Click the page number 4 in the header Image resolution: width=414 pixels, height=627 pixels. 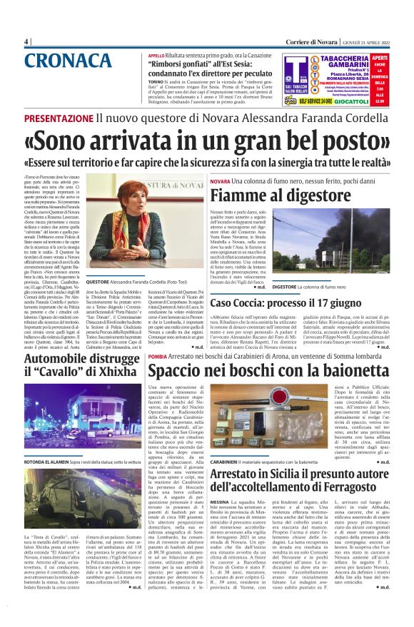coord(26,41)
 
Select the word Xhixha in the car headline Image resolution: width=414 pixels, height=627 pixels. coord(106,372)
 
